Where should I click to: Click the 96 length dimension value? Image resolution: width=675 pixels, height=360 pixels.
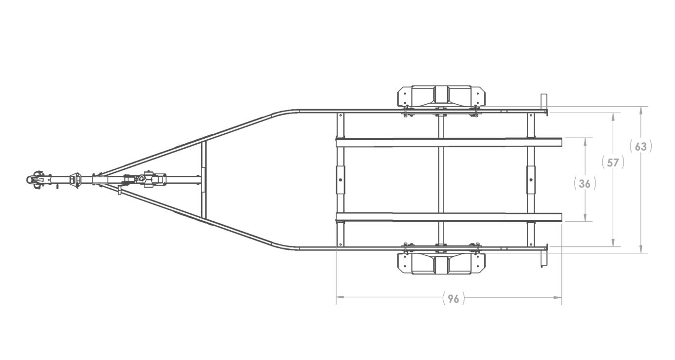[453, 298]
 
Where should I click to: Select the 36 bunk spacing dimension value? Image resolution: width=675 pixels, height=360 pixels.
[585, 184]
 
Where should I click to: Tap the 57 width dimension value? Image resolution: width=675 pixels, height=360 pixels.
[613, 162]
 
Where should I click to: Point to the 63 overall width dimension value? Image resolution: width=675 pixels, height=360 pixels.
[641, 147]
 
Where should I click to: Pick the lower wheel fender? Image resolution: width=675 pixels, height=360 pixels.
[441, 264]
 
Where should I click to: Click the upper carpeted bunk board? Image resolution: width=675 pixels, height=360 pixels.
[449, 142]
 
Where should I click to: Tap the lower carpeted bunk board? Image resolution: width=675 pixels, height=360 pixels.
[449, 217]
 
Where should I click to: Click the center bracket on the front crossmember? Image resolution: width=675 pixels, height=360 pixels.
[340, 180]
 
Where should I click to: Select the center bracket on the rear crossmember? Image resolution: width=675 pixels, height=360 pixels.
[531, 180]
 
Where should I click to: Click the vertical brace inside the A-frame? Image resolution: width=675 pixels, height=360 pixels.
[203, 180]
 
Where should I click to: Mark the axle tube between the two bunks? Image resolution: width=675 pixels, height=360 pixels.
[440, 180]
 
